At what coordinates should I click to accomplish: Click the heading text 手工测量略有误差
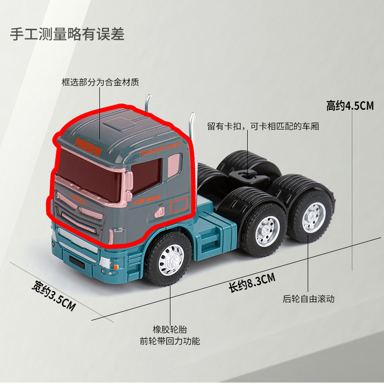(x=67, y=35)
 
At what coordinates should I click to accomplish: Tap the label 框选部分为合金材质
(x=100, y=82)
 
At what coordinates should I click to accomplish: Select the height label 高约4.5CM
(x=349, y=105)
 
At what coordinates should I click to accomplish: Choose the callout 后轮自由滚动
(x=309, y=299)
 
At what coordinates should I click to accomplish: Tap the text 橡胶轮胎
(x=170, y=329)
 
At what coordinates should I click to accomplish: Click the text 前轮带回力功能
(x=170, y=341)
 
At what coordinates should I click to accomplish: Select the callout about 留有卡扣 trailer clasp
(x=263, y=127)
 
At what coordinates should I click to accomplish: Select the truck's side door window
(x=146, y=175)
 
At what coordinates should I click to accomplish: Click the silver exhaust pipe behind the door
(x=193, y=125)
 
